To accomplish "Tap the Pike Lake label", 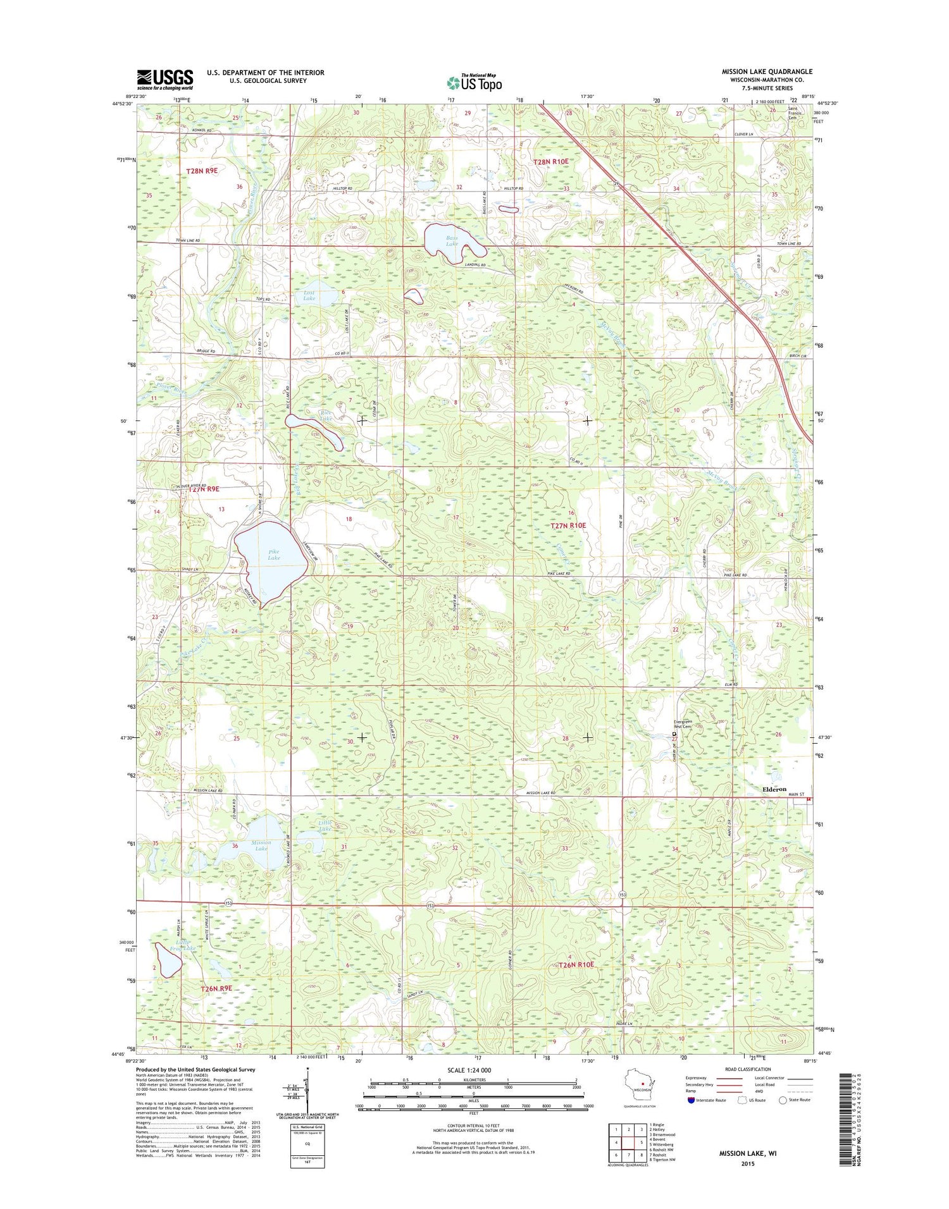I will (273, 555).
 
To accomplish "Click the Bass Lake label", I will (452, 241).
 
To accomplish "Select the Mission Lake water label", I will (261, 845).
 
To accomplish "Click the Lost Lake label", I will (309, 295).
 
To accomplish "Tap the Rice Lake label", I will (325, 415).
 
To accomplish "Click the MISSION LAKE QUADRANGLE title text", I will (767, 71).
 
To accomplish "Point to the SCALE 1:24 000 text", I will (469, 1071).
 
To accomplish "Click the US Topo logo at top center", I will (475, 82).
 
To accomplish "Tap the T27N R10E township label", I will (568, 525).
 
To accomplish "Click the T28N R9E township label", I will (202, 171).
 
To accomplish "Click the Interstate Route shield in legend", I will (691, 1100).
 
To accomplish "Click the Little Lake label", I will (325, 825).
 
